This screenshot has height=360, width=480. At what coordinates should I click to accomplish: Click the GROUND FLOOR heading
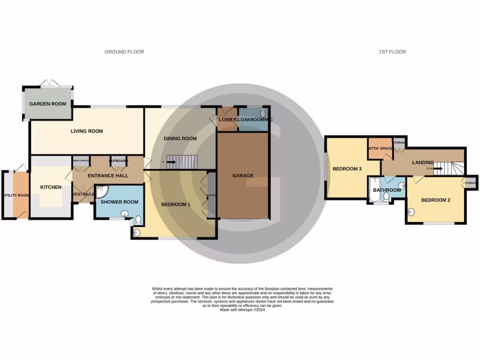[x=124, y=52]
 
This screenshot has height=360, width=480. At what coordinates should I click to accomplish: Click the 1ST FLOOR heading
[x=392, y=52]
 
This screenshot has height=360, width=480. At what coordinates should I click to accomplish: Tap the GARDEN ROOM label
[x=48, y=104]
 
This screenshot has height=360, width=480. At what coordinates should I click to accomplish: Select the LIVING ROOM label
[x=87, y=131]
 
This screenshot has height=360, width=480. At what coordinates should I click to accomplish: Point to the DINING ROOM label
[x=180, y=139]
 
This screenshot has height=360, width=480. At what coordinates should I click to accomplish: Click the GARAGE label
[x=243, y=176]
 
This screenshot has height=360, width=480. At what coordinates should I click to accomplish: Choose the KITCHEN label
[x=51, y=187]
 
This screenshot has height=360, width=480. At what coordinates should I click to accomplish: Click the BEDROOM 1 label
[x=176, y=204]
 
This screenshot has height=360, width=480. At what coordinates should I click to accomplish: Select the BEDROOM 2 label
[x=435, y=200]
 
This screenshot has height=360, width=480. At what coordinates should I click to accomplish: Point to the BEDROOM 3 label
[x=347, y=169]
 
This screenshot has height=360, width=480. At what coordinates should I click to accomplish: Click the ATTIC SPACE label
[x=380, y=149]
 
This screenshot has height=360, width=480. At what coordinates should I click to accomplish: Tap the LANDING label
[x=423, y=163]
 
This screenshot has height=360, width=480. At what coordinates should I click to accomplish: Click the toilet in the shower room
[x=137, y=219]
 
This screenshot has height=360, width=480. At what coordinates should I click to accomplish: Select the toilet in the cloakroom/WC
[x=263, y=113]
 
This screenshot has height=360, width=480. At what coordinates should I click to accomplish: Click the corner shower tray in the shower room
[x=101, y=191]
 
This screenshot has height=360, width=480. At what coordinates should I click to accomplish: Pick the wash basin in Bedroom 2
[x=412, y=212]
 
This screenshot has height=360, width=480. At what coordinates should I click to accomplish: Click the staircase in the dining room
[x=183, y=162]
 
